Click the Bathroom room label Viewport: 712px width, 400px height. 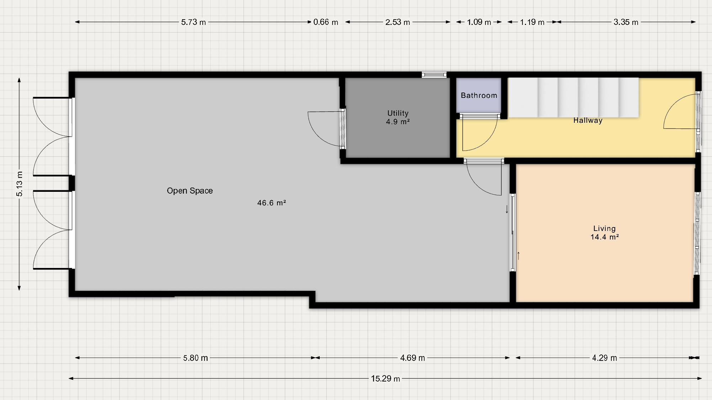click(479, 95)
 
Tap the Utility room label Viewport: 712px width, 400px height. click(398, 113)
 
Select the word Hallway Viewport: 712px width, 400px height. click(588, 120)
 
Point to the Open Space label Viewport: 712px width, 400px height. click(190, 191)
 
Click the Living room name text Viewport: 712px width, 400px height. click(604, 228)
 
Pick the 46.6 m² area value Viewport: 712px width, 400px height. click(272, 203)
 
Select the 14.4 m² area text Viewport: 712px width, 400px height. click(605, 237)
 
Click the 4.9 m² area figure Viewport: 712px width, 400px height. click(398, 122)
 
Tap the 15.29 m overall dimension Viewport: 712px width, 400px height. click(386, 379)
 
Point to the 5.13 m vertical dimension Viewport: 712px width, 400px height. click(20, 184)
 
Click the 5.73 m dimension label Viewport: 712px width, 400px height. click(193, 22)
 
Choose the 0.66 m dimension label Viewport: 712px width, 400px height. click(326, 22)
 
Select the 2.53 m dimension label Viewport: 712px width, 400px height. click(398, 22)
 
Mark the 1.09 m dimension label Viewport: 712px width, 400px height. click(479, 22)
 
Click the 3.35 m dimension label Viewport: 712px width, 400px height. click(626, 22)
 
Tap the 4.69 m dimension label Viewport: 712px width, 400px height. click(413, 358)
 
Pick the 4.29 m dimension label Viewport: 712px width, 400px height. click(605, 358)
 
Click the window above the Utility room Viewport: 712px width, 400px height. click(434, 75)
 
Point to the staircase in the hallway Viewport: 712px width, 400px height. click(573, 98)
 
